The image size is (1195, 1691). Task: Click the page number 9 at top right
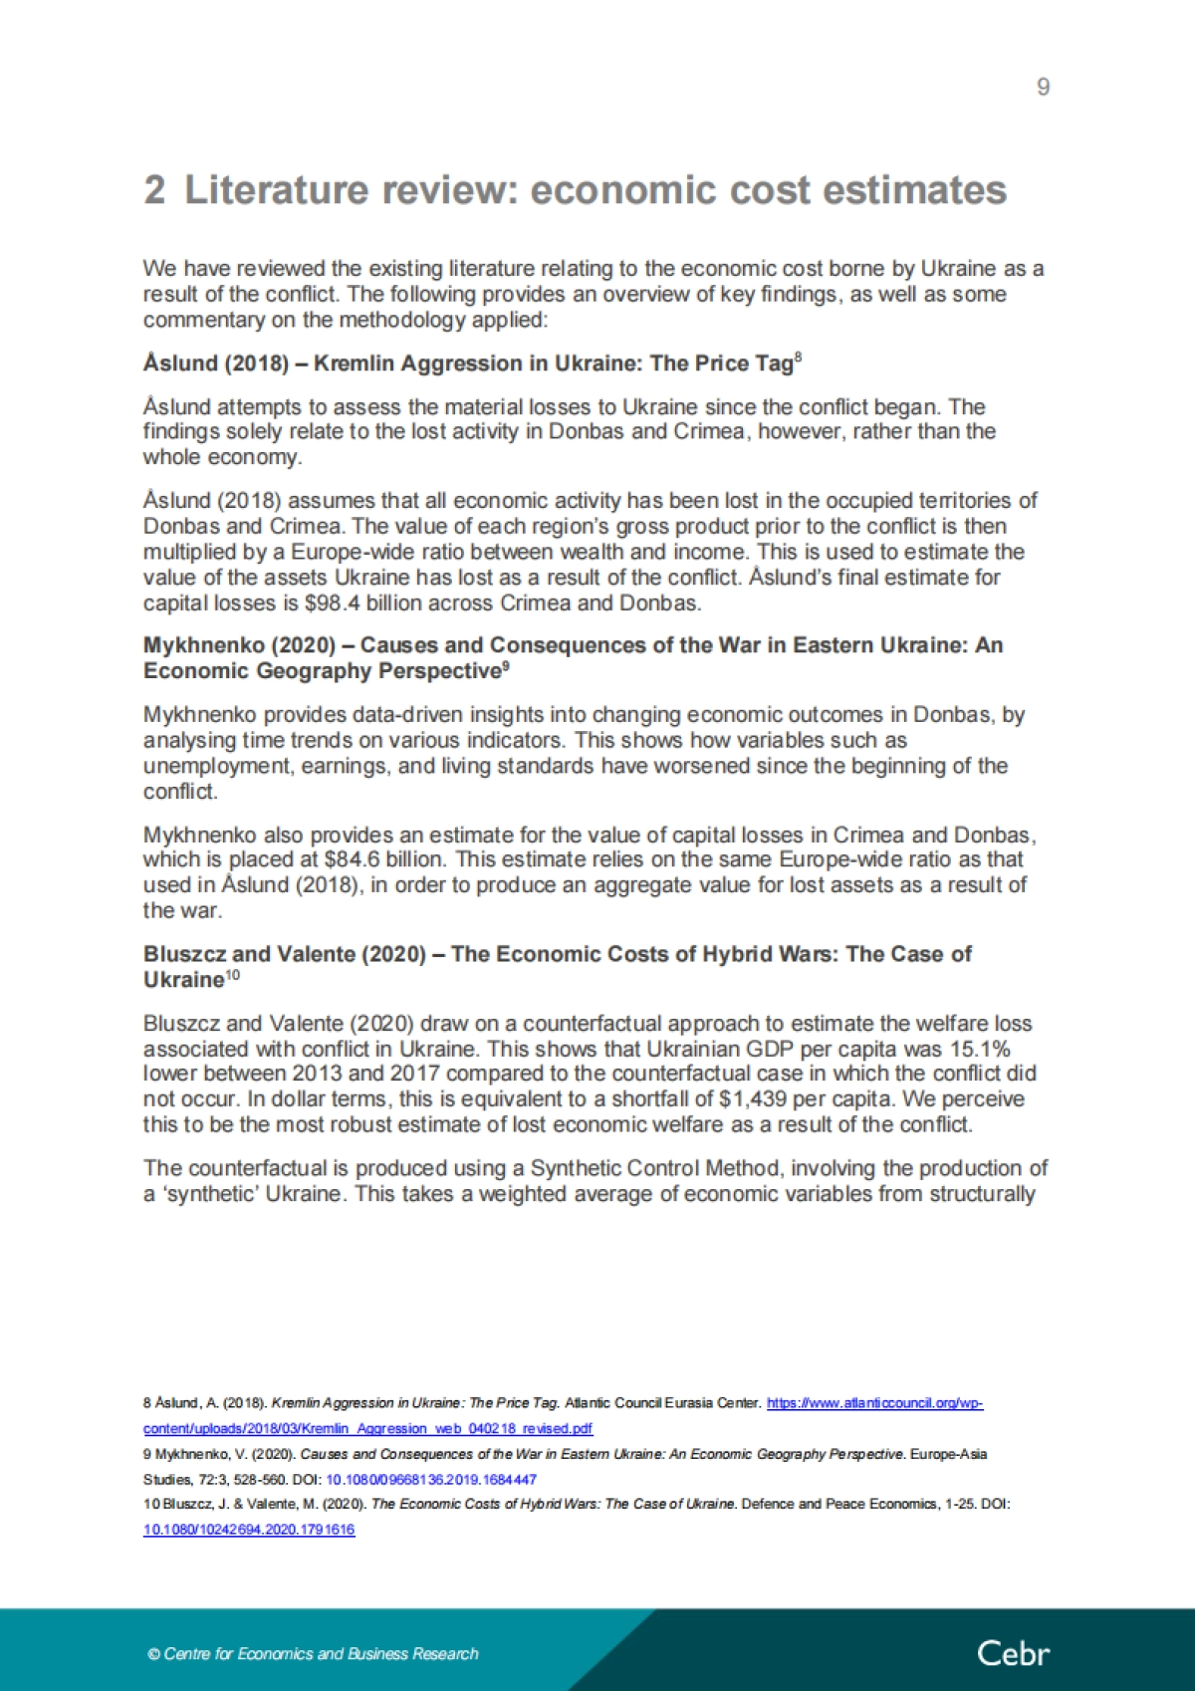pos(1043,88)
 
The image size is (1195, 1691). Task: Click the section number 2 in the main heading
pos(154,190)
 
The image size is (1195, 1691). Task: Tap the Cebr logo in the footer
pos(1013,1654)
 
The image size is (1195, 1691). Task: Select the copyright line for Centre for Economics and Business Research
pos(313,1654)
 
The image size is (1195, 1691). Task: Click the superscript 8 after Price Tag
pos(798,358)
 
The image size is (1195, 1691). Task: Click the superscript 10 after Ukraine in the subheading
pos(232,975)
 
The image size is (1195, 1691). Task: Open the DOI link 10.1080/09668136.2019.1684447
pos(431,1480)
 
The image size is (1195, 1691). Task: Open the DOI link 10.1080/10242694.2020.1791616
pos(249,1530)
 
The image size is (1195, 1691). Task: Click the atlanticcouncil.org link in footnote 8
pos(874,1403)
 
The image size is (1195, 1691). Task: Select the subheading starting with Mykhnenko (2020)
pos(573,657)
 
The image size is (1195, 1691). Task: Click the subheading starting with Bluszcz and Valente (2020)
pos(557,966)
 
